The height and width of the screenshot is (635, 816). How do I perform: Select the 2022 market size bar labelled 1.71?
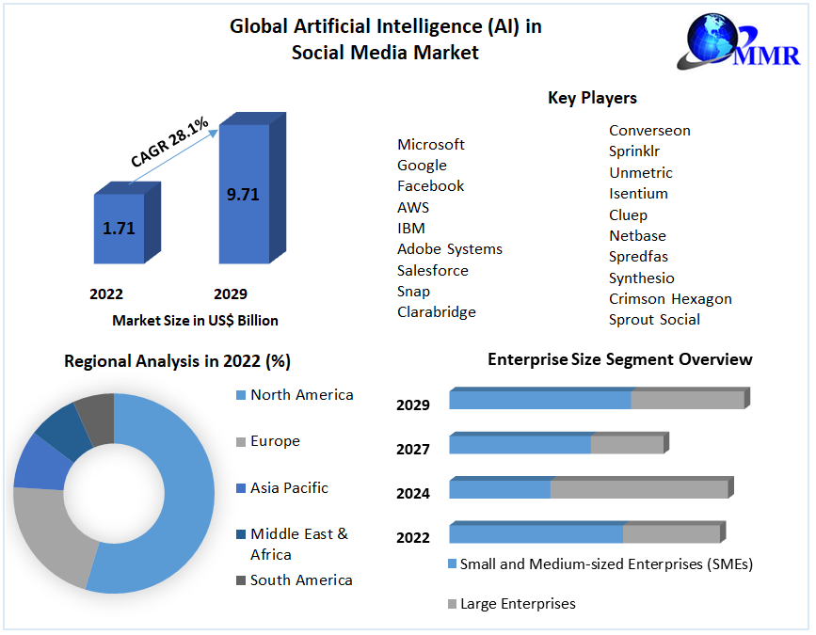pyautogui.click(x=119, y=229)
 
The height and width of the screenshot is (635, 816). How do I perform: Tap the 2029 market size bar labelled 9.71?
pyautogui.click(x=244, y=195)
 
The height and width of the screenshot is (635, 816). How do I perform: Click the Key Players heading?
pyautogui.click(x=592, y=98)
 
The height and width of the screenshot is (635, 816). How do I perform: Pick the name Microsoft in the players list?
pyautogui.click(x=431, y=145)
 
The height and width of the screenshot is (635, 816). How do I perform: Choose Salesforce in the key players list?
pyautogui.click(x=433, y=271)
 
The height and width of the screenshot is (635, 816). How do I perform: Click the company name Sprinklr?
pyautogui.click(x=634, y=151)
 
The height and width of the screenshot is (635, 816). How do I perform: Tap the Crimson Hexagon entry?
pyautogui.click(x=670, y=299)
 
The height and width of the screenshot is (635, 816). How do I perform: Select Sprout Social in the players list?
pyautogui.click(x=654, y=320)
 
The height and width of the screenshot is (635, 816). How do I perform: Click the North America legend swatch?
pyautogui.click(x=241, y=395)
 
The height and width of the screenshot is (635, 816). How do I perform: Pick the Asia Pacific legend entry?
pyautogui.click(x=289, y=488)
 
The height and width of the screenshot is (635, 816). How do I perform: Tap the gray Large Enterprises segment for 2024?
pyautogui.click(x=638, y=489)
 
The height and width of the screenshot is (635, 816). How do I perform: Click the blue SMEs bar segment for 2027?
pyautogui.click(x=520, y=444)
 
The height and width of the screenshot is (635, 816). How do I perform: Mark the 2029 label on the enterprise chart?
pyautogui.click(x=413, y=405)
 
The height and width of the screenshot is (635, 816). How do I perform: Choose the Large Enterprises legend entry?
pyautogui.click(x=518, y=604)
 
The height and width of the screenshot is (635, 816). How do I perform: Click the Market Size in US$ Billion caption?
pyautogui.click(x=196, y=321)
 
